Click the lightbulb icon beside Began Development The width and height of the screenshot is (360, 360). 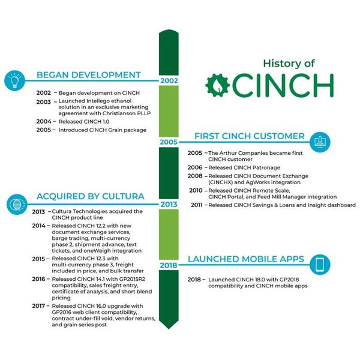coord(14,80)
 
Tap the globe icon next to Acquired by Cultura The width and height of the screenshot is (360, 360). coord(17,205)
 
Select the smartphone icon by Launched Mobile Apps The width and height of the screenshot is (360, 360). coord(320,265)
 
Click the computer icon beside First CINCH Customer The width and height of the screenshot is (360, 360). coord(320,142)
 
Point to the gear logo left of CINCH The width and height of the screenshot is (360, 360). coord(217,85)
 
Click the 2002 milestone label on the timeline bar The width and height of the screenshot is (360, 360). coord(169,80)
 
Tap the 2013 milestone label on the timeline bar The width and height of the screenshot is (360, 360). coord(169,205)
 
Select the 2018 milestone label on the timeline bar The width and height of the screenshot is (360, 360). coord(169,265)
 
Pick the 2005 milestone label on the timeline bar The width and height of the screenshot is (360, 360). coord(169,142)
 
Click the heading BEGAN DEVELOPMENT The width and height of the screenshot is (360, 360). coord(89,75)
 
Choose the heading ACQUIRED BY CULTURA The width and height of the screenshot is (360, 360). coord(91,196)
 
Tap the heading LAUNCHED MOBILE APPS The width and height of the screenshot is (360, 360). coord(246,259)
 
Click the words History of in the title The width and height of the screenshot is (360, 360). coord(289,64)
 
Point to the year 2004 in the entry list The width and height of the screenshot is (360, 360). coord(44,121)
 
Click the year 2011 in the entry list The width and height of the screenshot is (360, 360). coord(197,205)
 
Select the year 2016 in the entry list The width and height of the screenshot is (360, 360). coord(38,279)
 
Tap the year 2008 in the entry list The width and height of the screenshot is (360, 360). coord(195,176)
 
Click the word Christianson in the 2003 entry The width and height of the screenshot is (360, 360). coord(118,113)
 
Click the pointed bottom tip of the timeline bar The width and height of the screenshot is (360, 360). coord(169,329)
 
